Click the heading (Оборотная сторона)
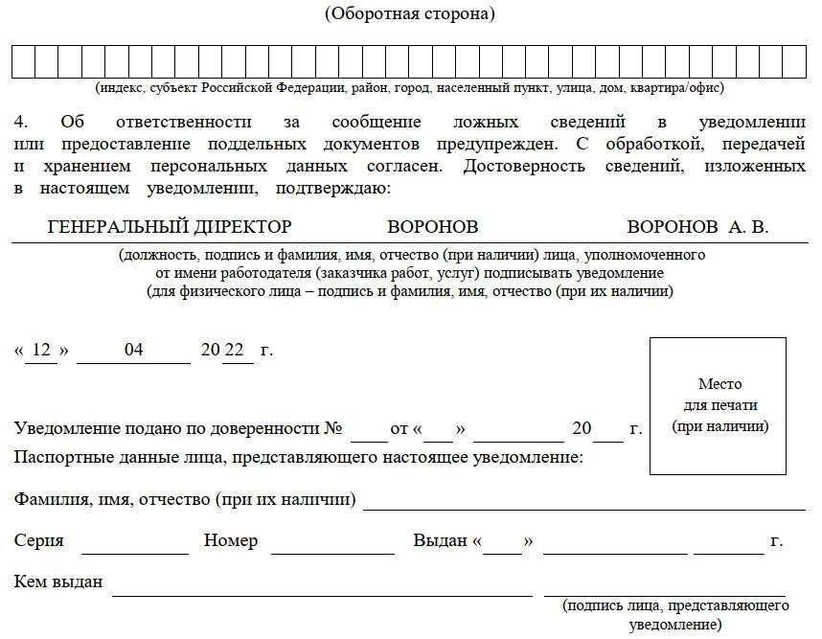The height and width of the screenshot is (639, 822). click(410, 13)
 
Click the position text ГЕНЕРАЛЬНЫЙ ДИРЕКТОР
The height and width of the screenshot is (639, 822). click(170, 227)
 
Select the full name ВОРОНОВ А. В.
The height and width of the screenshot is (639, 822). click(697, 227)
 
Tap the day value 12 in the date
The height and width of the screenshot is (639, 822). click(41, 351)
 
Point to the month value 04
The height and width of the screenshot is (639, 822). click(133, 351)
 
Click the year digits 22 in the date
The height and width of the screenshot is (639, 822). click(235, 351)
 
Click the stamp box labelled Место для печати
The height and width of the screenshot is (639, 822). click(719, 406)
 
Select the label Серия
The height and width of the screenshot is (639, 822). click(39, 541)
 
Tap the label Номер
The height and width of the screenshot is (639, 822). click(231, 541)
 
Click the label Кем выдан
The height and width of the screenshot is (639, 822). click(58, 582)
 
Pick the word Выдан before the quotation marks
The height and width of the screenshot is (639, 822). click(440, 541)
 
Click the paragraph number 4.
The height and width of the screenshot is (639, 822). click(22, 123)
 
